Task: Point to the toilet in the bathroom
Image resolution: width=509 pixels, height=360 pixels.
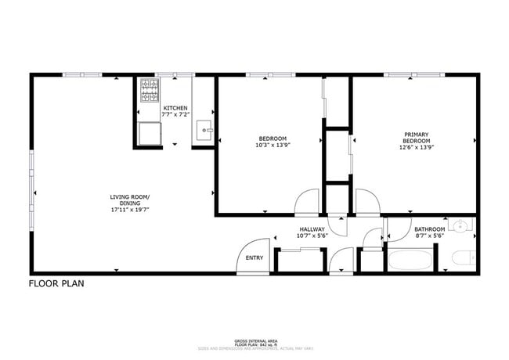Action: (x=463, y=257)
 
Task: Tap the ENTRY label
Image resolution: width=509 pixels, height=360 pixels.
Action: (x=254, y=257)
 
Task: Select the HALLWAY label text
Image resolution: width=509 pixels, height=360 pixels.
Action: (x=311, y=229)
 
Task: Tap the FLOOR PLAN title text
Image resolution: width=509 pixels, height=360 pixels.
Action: (x=56, y=283)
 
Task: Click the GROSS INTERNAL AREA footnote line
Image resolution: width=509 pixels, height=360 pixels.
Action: (x=254, y=341)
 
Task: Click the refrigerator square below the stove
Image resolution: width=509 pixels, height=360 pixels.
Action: (x=149, y=134)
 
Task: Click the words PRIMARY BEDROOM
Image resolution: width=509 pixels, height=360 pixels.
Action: (x=417, y=137)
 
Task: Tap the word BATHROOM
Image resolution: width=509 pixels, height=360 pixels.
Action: (x=429, y=229)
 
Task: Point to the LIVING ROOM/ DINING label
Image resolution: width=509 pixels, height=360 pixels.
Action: (x=130, y=200)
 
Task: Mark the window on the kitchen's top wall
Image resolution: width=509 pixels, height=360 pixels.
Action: (x=174, y=74)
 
